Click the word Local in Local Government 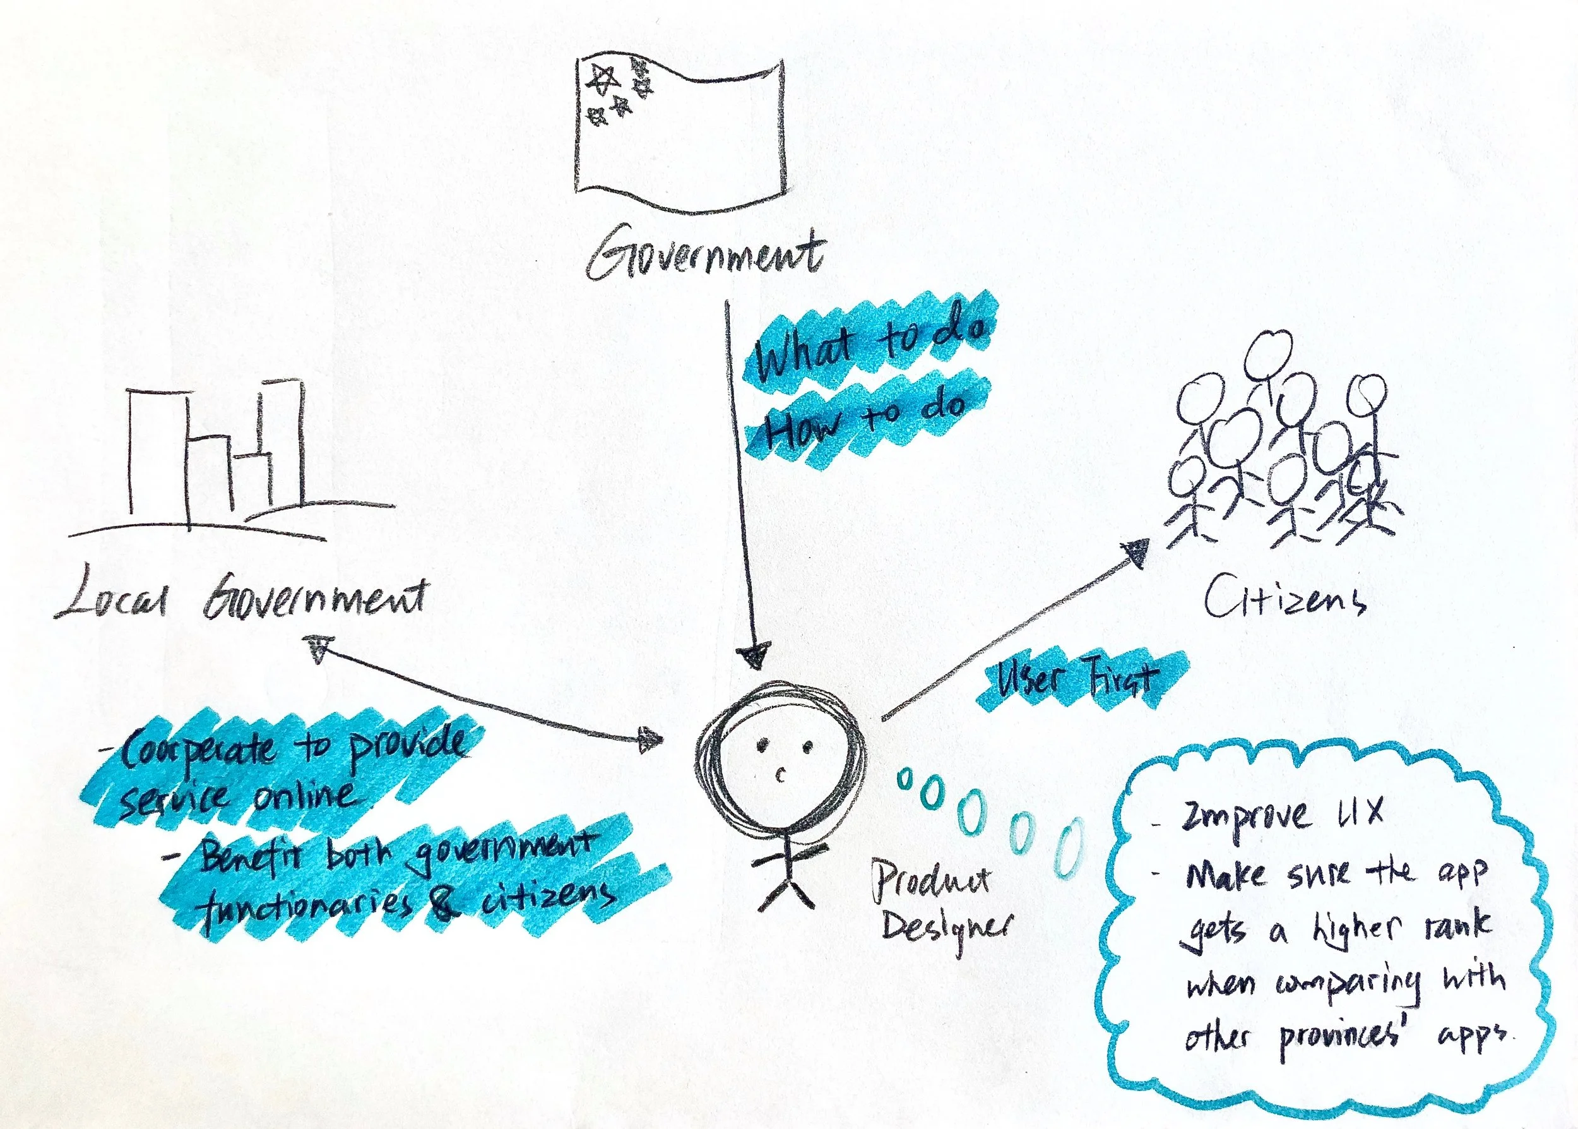tap(111, 600)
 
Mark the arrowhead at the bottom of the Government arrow tap(754, 655)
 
